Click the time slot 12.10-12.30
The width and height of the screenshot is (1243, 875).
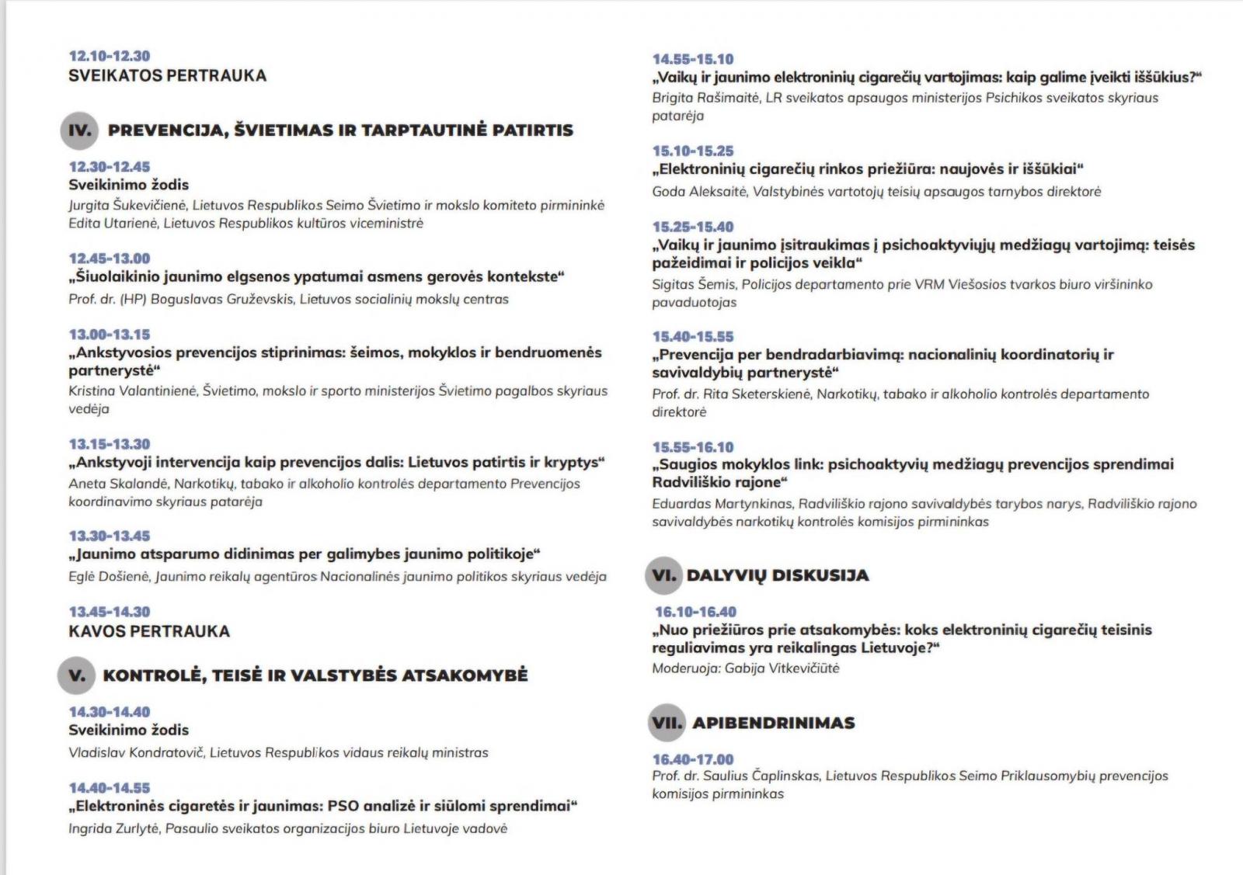tap(110, 56)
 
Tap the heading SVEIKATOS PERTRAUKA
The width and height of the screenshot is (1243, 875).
tap(167, 76)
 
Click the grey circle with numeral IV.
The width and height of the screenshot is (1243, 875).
tap(79, 130)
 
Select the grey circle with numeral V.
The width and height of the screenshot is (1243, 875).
tap(76, 675)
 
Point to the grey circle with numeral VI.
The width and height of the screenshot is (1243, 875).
tap(663, 575)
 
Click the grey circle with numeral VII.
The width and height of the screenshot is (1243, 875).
tap(667, 723)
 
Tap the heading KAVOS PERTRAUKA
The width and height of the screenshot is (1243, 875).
tap(149, 631)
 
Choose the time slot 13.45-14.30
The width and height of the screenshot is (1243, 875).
tap(110, 612)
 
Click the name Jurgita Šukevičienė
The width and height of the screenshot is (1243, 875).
tap(127, 206)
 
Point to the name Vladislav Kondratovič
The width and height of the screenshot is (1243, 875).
tap(137, 752)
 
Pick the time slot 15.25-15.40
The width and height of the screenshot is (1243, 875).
tap(693, 227)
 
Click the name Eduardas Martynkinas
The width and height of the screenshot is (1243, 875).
tap(722, 504)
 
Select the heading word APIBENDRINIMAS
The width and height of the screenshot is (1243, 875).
tap(773, 723)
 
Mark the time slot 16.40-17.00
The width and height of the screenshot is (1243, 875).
tap(693, 759)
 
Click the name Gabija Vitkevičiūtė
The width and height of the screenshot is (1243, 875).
tap(782, 668)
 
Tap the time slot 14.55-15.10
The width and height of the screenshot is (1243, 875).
tap(693, 59)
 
